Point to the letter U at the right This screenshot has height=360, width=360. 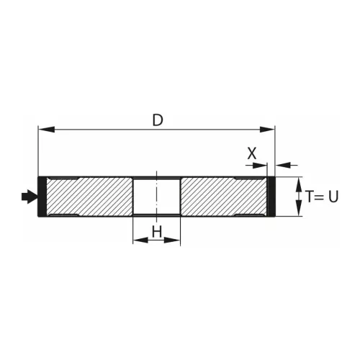(x=333, y=197)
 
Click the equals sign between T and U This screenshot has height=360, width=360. (x=320, y=197)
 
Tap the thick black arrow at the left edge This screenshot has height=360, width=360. (x=30, y=196)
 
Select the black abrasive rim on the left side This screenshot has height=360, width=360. (x=42, y=196)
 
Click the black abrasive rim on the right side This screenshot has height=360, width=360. (x=271, y=196)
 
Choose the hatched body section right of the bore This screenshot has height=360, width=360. (x=223, y=196)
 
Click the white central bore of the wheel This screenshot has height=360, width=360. (x=156, y=196)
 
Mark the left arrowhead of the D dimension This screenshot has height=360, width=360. (x=44, y=130)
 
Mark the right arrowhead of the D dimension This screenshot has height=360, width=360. (x=270, y=130)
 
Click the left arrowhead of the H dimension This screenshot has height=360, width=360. (x=138, y=240)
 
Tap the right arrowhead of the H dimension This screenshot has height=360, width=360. (x=175, y=240)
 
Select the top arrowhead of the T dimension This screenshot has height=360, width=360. (x=298, y=182)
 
